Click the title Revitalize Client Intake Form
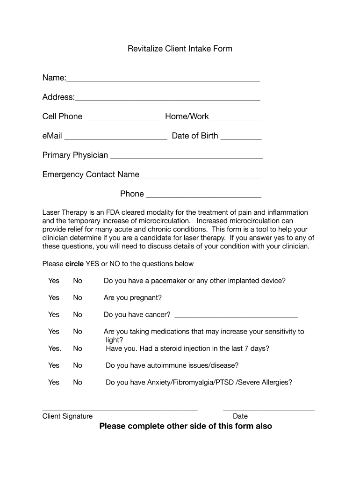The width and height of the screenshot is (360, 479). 180,49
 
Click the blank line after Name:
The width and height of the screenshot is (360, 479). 163,79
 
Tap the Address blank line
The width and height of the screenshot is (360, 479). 167,98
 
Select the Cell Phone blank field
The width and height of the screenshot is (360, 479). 123,118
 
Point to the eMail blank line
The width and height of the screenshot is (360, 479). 115,137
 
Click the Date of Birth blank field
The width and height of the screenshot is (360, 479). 241,137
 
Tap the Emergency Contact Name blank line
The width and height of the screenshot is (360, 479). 201,176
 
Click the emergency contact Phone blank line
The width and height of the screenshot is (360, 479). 203,195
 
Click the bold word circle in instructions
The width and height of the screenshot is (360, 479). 74,264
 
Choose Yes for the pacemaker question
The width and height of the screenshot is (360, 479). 54,281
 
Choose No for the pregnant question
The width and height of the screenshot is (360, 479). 78,298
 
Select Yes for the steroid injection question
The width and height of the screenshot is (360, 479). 54,348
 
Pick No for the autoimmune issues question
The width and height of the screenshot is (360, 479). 78,365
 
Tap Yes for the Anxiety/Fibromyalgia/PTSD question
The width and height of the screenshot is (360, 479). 54,382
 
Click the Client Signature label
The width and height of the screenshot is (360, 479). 67,416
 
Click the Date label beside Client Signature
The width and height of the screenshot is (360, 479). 240,416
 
